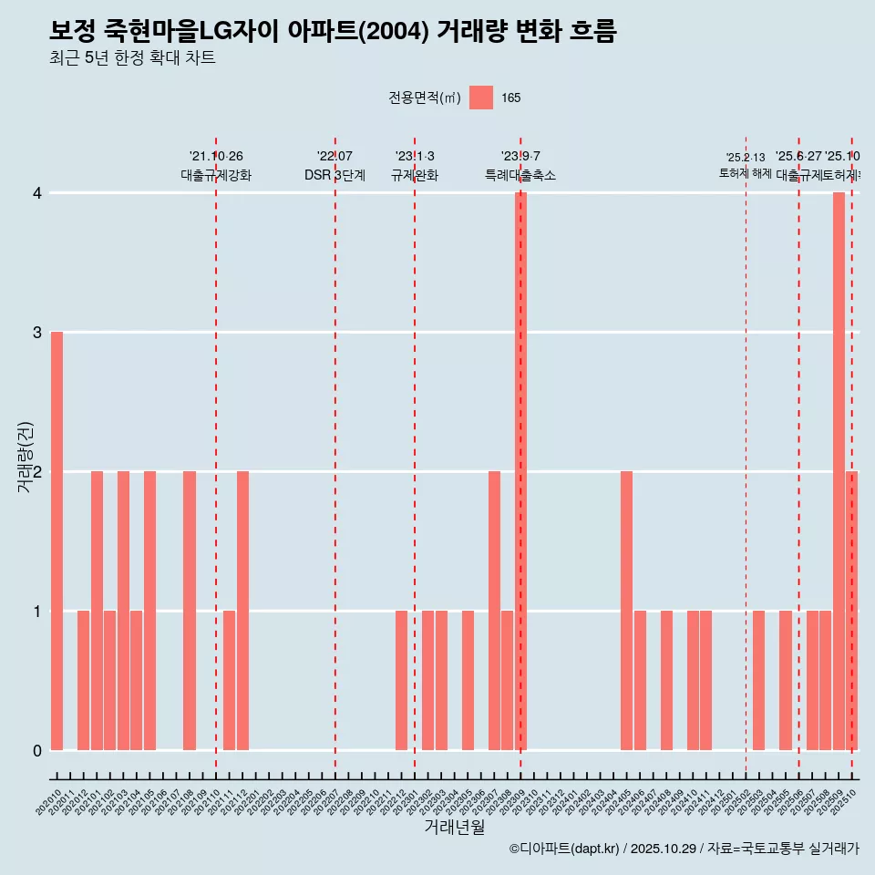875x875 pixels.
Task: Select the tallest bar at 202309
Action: point(521,471)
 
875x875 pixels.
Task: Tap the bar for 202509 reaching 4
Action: point(839,471)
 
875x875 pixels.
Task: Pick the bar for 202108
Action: point(190,611)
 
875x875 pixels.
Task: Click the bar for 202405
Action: point(627,611)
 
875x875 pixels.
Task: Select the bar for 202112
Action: point(242,611)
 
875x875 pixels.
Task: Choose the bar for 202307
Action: point(494,611)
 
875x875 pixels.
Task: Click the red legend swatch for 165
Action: point(481,98)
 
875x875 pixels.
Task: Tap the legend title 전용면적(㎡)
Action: point(425,98)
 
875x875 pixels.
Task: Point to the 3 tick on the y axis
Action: point(37,333)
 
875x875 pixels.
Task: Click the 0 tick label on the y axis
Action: point(37,750)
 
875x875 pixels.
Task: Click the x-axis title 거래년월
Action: point(454,827)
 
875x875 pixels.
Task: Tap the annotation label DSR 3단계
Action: point(335,176)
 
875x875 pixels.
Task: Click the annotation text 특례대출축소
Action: point(520,176)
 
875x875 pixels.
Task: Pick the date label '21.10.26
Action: point(216,157)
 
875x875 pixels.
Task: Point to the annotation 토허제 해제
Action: point(746,173)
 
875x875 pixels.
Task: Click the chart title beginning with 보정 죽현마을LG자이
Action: point(333,32)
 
